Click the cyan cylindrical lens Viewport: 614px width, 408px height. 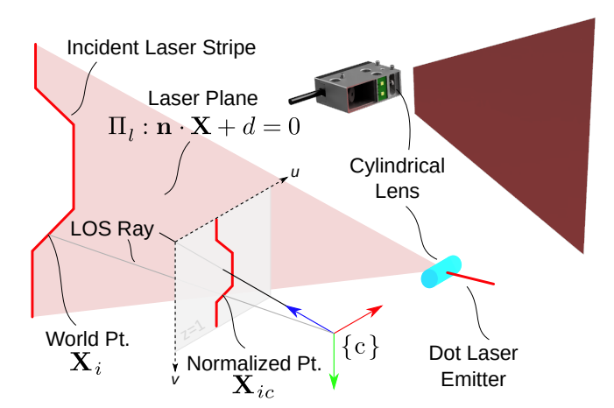point(440,271)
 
